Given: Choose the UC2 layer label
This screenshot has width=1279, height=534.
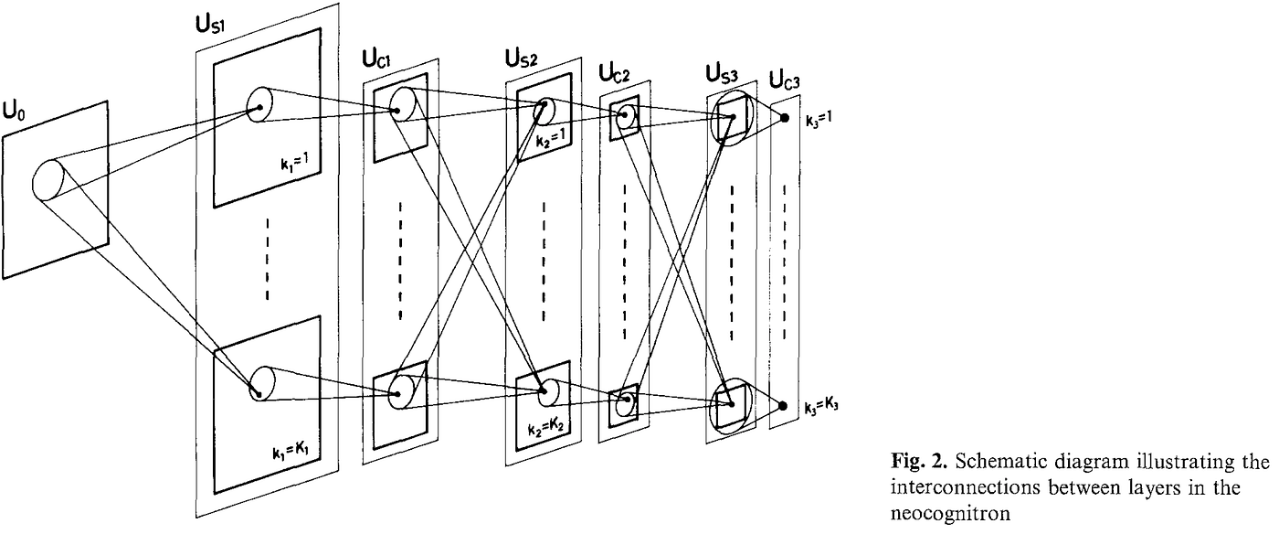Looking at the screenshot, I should click(615, 70).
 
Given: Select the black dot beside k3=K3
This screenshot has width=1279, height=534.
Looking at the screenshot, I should click(785, 406).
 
